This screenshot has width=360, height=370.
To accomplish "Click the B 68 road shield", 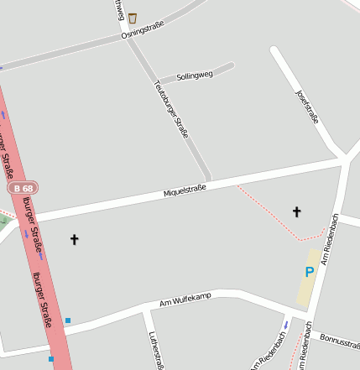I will (23, 189).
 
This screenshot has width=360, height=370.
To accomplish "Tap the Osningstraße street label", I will (143, 31).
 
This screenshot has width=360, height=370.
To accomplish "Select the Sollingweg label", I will (194, 75).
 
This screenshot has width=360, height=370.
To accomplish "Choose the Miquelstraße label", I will (185, 193).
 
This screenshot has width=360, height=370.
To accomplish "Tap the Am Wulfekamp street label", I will (185, 299).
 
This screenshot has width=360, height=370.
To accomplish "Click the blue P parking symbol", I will (309, 272).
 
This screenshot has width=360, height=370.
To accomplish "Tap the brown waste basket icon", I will (132, 17).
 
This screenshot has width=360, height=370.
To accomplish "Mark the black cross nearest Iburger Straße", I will (74, 239).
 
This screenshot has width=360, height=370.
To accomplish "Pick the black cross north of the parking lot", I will (296, 211).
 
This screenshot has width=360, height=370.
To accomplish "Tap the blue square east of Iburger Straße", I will (68, 320).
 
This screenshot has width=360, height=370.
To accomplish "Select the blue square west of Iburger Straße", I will (50, 359).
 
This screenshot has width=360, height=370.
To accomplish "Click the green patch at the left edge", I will (4, 222).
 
